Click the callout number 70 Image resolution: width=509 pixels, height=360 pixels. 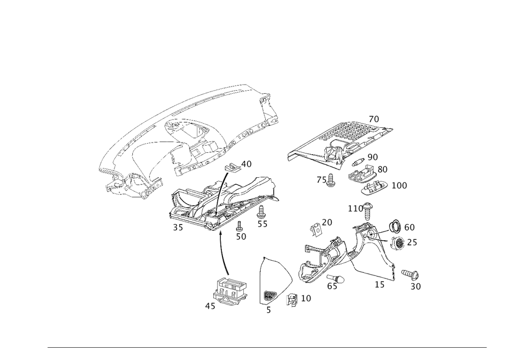coord(374,119)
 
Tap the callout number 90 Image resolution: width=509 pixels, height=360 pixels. coord(372,156)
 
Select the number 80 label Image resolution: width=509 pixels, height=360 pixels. coord(382,169)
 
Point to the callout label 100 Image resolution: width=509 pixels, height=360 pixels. coord(400,186)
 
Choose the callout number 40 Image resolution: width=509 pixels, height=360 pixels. coord(246,164)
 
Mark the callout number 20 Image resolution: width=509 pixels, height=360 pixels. coord(327,222)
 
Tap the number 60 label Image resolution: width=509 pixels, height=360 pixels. coord(409,227)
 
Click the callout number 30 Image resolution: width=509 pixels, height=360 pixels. coord(416,287)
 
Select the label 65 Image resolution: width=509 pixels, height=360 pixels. coord(332,286)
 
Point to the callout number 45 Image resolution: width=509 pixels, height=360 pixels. coord(210,307)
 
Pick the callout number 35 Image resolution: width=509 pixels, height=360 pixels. coord(178,228)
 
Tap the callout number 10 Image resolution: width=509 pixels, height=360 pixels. coord(305,298)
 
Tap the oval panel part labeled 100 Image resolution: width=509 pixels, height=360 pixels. coord(374,190)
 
